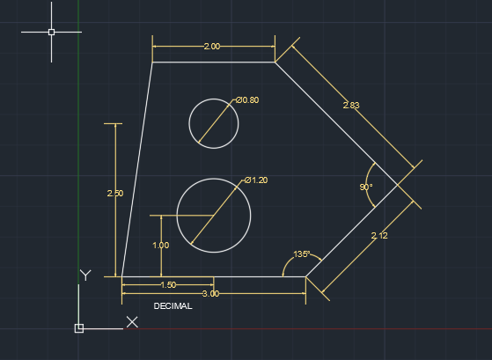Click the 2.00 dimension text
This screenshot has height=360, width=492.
click(212, 47)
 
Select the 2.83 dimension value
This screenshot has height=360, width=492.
click(351, 105)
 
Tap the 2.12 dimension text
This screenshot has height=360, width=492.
click(379, 235)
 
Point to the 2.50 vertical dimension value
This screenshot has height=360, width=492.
click(115, 194)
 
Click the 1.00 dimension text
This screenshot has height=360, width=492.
click(161, 245)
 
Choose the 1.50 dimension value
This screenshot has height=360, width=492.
click(168, 284)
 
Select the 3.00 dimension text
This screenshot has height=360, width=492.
click(210, 294)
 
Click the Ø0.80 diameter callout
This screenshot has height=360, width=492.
click(247, 100)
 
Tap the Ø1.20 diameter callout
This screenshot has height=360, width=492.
click(256, 180)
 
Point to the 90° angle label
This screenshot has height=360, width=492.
click(366, 187)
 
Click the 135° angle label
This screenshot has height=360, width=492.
click(302, 253)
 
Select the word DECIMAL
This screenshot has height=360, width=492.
click(173, 306)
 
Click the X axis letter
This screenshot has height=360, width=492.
click(132, 322)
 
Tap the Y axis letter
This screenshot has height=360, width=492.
click(85, 276)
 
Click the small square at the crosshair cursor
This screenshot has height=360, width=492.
click(51, 32)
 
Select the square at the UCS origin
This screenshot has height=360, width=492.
click(79, 328)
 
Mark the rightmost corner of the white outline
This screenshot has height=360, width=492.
click(398, 185)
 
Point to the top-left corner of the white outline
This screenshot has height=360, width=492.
click(152, 62)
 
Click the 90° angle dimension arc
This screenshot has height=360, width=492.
click(366, 185)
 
